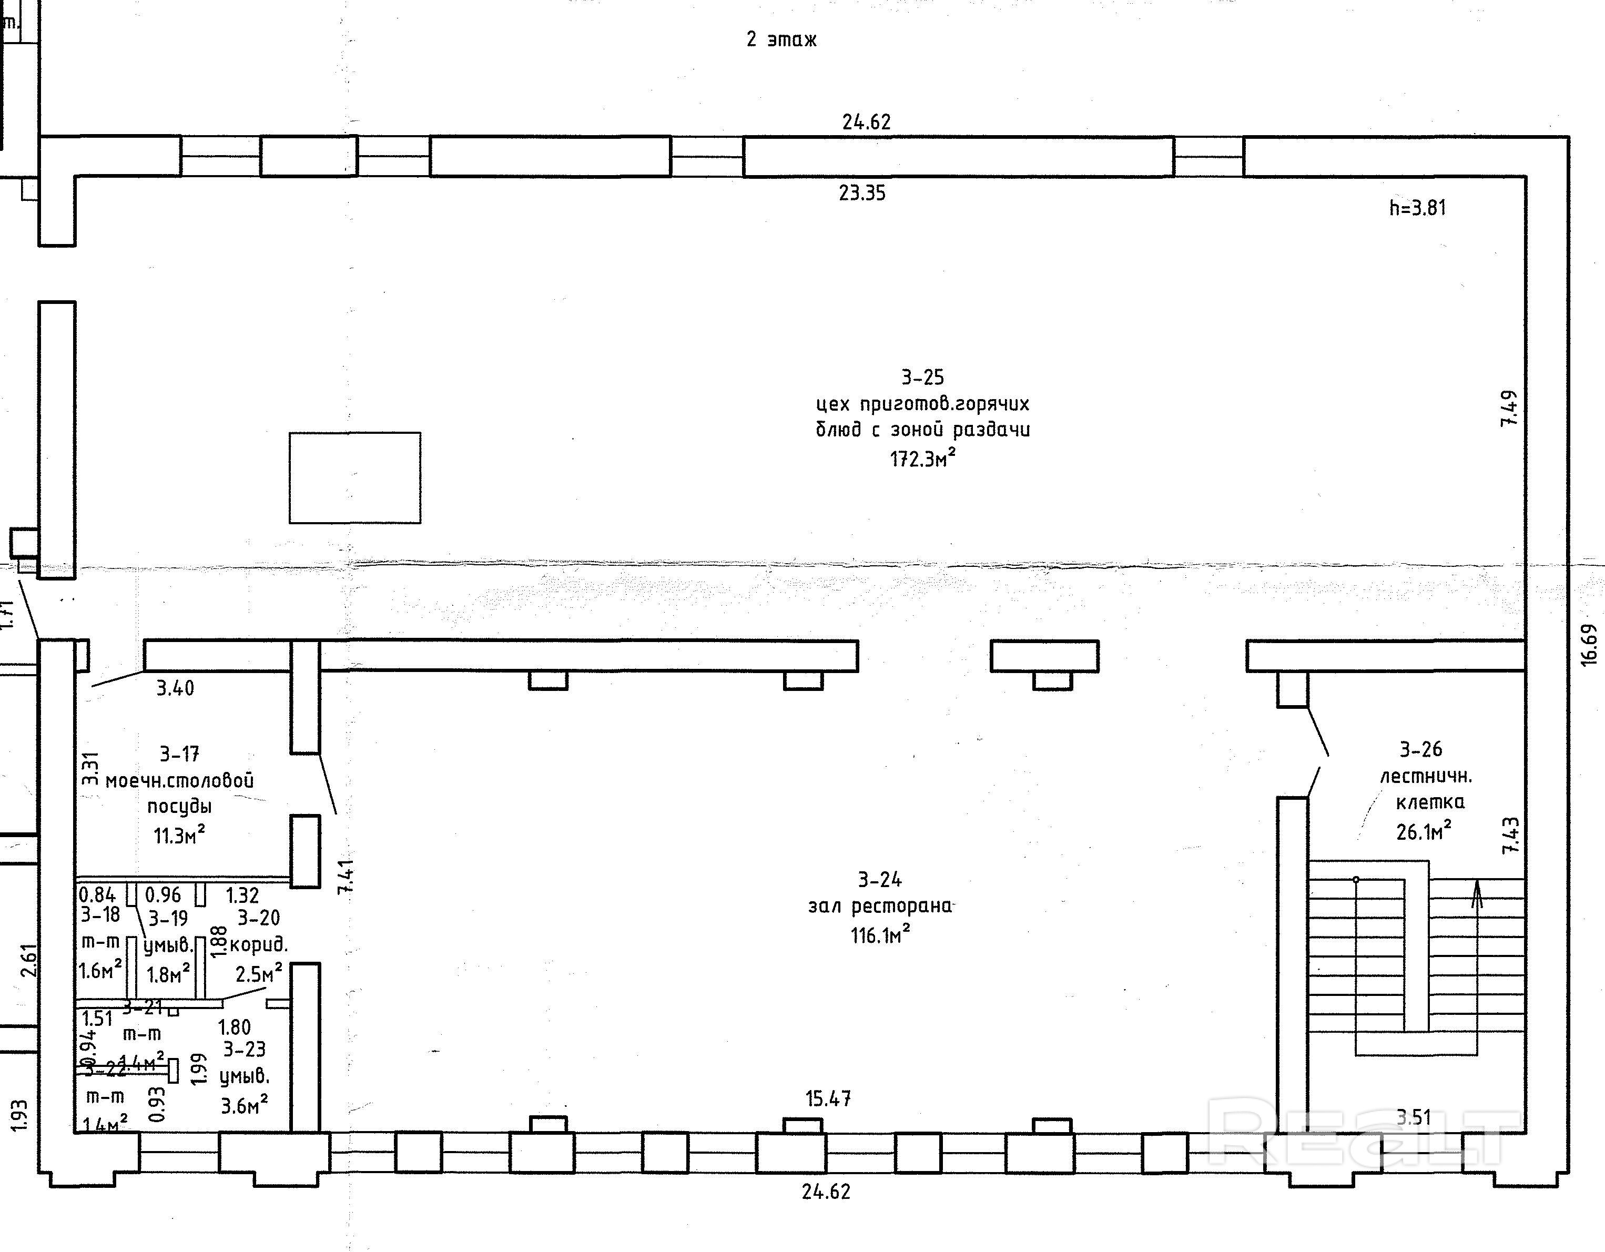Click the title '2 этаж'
[781, 39]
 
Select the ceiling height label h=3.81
[1417, 208]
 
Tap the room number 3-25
[922, 377]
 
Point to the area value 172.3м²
[922, 459]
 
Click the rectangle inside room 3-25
[355, 477]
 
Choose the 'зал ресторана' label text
[880, 906]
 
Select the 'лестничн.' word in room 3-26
[1426, 776]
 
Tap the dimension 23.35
[862, 193]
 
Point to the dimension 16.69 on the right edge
[1588, 644]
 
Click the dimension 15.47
[828, 1098]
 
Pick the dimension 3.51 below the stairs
[1413, 1117]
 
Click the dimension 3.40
[175, 688]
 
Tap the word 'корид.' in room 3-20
[259, 945]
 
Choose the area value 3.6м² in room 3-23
[244, 1104]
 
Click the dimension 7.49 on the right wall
[1508, 409]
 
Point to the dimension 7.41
[346, 876]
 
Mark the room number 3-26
[1420, 749]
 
